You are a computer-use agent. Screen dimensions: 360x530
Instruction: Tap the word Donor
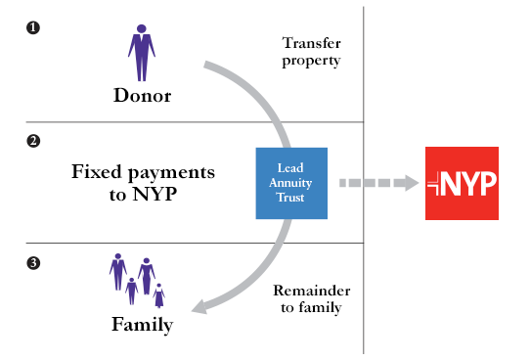click(x=143, y=96)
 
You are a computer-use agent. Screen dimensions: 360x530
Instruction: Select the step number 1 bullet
click(x=33, y=28)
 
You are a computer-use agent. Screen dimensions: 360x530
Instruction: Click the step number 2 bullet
click(x=33, y=141)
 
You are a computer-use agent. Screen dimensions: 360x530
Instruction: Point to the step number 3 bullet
click(x=33, y=262)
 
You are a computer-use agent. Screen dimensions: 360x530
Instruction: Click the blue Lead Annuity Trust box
click(x=289, y=183)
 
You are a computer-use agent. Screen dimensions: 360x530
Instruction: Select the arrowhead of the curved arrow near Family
click(x=199, y=307)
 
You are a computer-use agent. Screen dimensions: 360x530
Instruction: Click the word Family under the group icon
click(x=141, y=324)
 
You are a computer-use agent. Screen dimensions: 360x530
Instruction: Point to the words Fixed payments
click(x=143, y=172)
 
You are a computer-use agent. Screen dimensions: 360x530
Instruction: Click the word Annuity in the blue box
click(x=289, y=183)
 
